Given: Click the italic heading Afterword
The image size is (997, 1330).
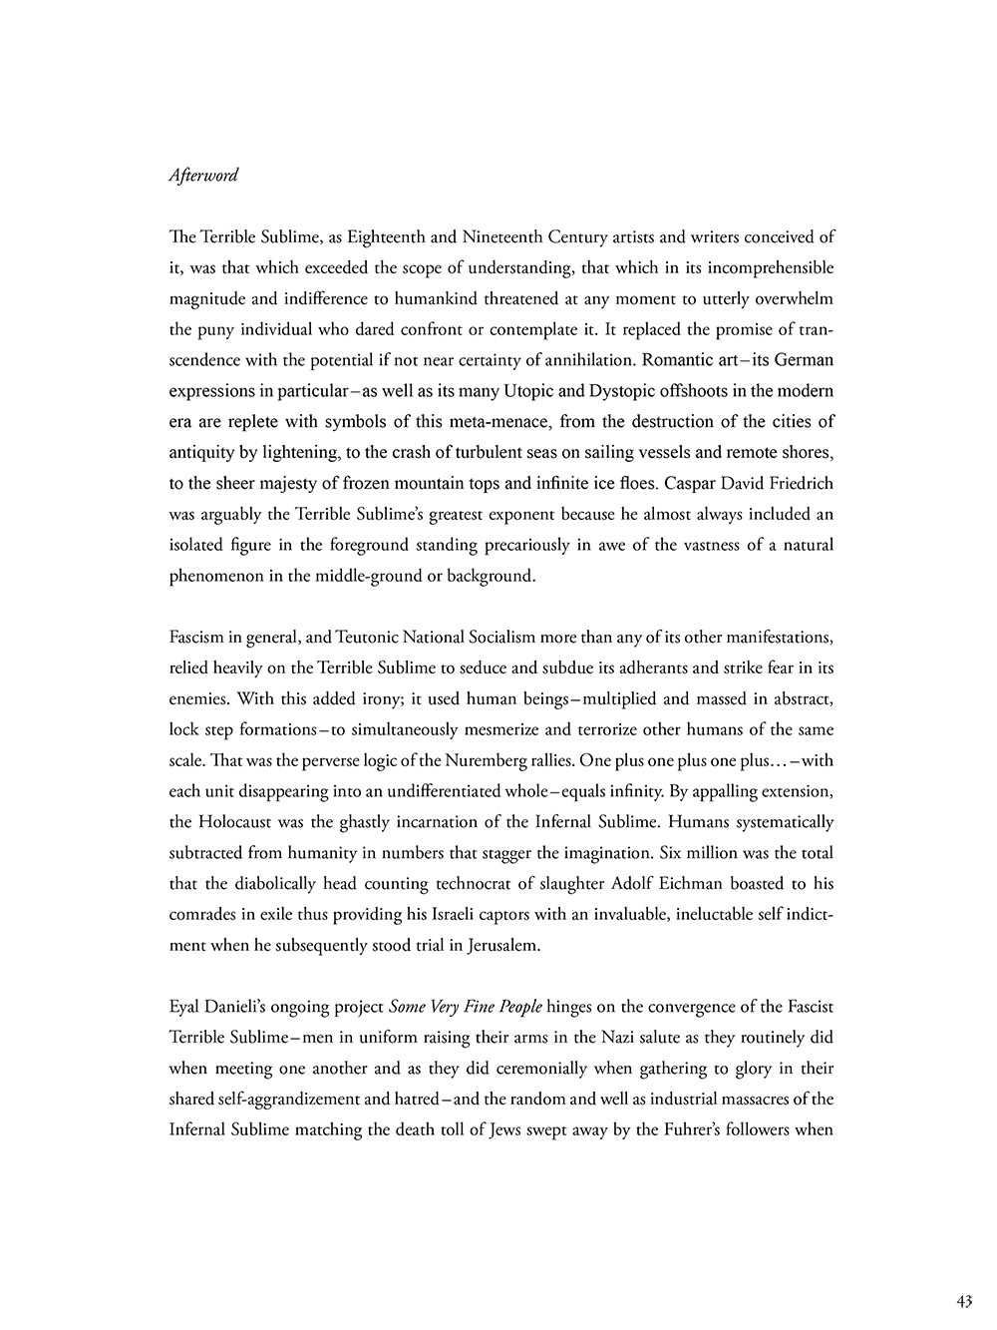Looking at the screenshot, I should [203, 176].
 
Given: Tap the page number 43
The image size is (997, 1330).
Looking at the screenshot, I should [963, 1300].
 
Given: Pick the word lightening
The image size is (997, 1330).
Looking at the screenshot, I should [302, 452].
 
